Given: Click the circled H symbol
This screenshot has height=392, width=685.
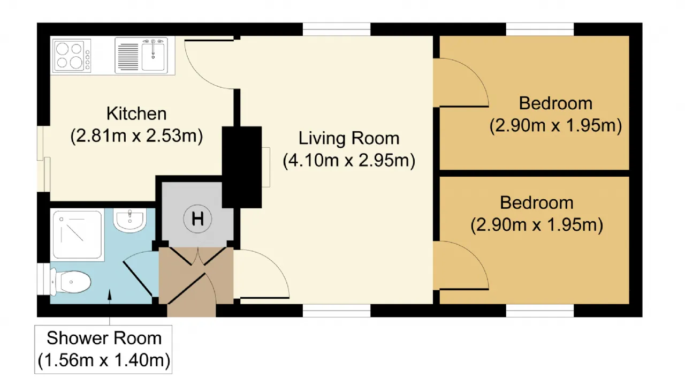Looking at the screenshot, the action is pyautogui.click(x=197, y=219).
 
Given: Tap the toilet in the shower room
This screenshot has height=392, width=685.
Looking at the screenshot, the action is pyautogui.click(x=71, y=282).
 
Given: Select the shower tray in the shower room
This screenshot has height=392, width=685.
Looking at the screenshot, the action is pyautogui.click(x=78, y=235).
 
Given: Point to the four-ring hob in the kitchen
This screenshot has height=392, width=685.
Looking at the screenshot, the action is pyautogui.click(x=72, y=56).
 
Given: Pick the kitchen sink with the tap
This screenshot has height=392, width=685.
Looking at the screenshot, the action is pyautogui.click(x=141, y=56).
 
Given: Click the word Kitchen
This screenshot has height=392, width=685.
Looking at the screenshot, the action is pyautogui.click(x=136, y=114).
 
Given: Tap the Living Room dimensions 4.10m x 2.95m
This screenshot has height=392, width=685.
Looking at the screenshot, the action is pyautogui.click(x=349, y=160).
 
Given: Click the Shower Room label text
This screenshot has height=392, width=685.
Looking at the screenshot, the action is pyautogui.click(x=104, y=338).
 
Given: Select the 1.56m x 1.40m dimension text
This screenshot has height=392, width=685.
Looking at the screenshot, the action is pyautogui.click(x=104, y=360).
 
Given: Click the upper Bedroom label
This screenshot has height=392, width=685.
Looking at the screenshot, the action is pyautogui.click(x=555, y=103).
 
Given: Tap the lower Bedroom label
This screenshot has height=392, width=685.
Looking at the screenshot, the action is pyautogui.click(x=537, y=202).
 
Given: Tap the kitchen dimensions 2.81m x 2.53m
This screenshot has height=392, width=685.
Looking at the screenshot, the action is pyautogui.click(x=136, y=136).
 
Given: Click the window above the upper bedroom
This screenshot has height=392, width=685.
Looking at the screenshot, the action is pyautogui.click(x=540, y=29).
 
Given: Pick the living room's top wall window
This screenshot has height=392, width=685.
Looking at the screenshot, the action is pyautogui.click(x=337, y=29).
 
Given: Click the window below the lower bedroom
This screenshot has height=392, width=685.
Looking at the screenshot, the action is pyautogui.click(x=540, y=311).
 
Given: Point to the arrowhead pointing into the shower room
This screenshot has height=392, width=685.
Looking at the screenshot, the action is pyautogui.click(x=110, y=294).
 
